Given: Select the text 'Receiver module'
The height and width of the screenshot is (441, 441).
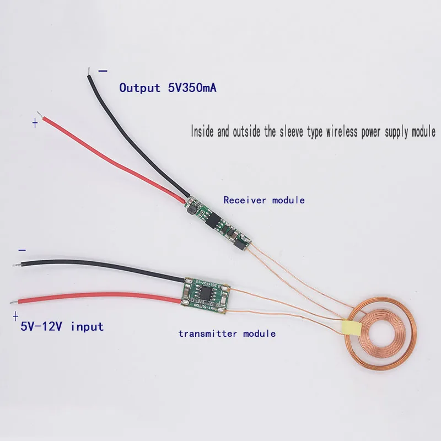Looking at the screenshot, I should [x=263, y=200].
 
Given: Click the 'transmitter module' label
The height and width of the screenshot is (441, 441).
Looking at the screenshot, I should [x=227, y=334].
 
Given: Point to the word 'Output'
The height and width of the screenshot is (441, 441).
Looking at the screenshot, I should [x=139, y=88].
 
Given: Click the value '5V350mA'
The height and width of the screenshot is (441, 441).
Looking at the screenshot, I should [x=190, y=88].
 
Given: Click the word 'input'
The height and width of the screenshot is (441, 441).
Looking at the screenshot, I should [x=87, y=326].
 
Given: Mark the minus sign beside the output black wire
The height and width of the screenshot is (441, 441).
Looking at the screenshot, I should [x=103, y=71].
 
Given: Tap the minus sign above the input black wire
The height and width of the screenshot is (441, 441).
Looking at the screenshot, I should [x=22, y=250].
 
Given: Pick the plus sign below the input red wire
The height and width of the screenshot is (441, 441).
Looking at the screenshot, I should [x=15, y=316].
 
